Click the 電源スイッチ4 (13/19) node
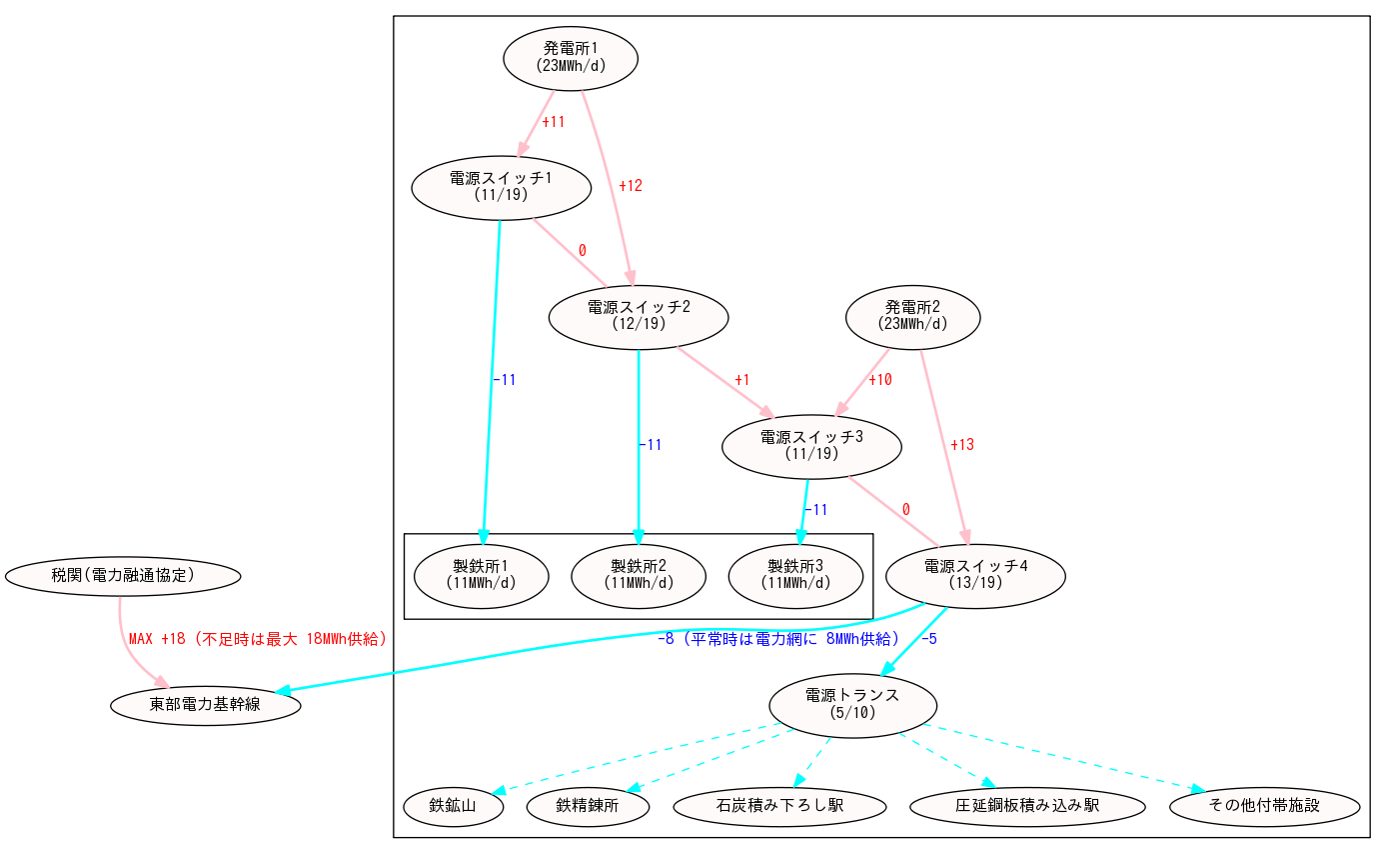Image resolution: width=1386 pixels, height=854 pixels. (975, 574)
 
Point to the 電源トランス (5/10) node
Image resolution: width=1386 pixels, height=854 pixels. (852, 704)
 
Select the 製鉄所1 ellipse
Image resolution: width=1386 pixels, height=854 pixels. (481, 574)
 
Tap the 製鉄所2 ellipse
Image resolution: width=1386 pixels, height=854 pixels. (639, 574)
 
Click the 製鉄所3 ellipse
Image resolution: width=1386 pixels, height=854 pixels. (795, 574)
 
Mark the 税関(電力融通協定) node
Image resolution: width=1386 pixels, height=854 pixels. (123, 575)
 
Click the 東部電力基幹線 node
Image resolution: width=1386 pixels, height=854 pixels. (205, 705)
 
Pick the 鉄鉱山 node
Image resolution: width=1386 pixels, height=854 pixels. (453, 806)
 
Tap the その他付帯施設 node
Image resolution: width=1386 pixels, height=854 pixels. (1264, 806)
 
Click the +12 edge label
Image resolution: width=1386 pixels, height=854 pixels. (630, 186)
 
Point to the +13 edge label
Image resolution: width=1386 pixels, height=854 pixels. (961, 445)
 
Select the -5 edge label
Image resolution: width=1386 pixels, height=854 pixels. (928, 639)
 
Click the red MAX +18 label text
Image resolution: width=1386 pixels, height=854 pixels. (258, 639)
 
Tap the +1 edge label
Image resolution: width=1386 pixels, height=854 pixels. (741, 380)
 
